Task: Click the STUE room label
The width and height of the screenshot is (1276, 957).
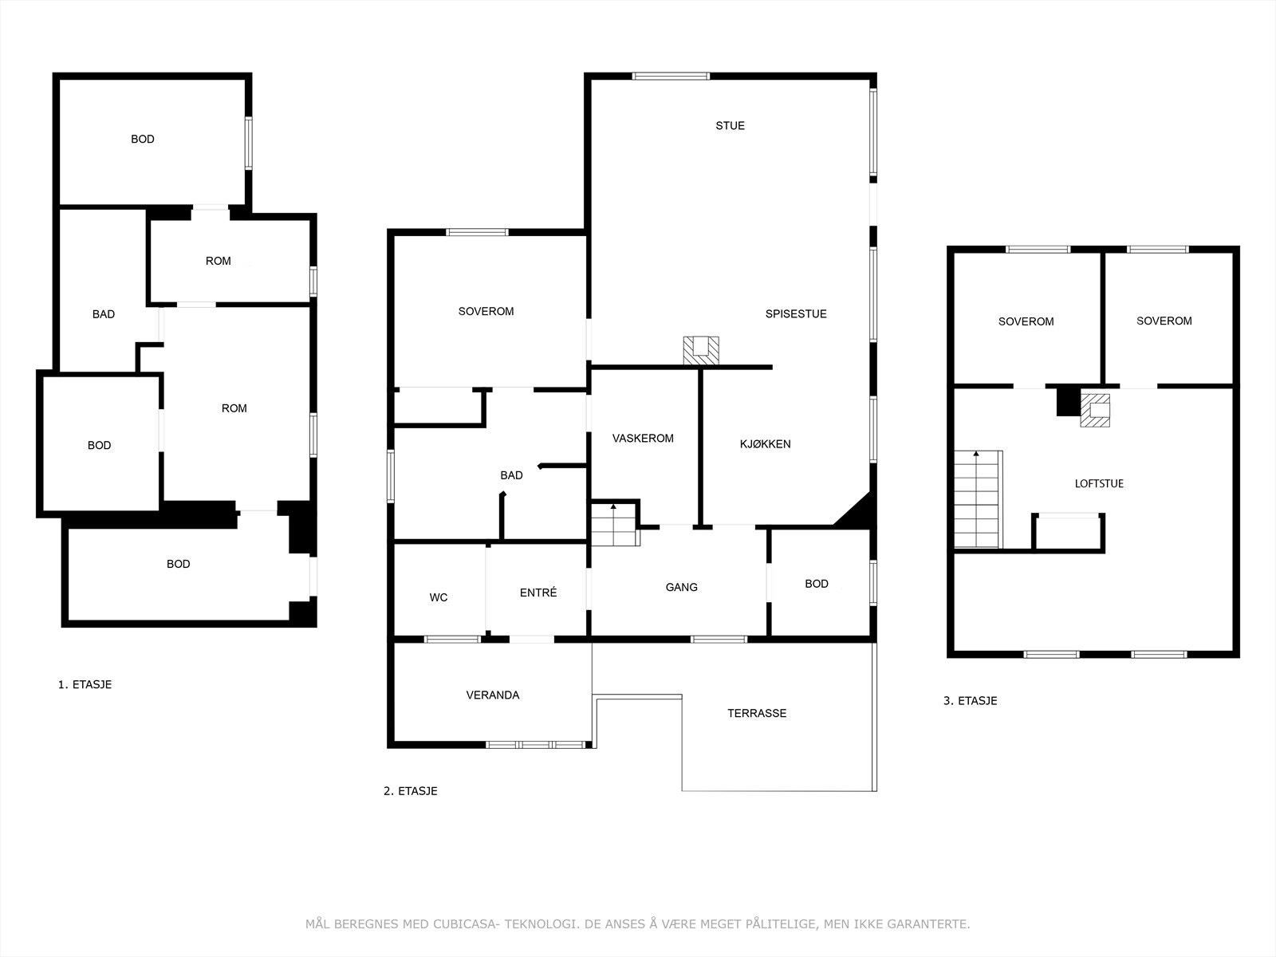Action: pyautogui.click(x=730, y=125)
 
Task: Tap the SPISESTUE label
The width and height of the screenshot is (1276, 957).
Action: pyautogui.click(x=796, y=313)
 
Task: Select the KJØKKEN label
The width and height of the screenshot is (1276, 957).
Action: pyautogui.click(x=765, y=444)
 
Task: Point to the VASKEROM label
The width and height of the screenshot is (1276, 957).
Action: pyautogui.click(x=643, y=438)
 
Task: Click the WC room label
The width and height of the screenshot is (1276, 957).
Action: pyautogui.click(x=439, y=597)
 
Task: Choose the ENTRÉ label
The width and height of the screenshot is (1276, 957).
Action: pyautogui.click(x=538, y=592)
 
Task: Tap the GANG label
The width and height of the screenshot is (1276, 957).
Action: pyautogui.click(x=681, y=588)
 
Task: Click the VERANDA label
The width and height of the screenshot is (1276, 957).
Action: pyautogui.click(x=492, y=695)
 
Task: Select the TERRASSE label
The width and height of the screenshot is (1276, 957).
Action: pyautogui.click(x=757, y=713)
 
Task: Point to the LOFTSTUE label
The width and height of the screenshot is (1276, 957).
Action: pyautogui.click(x=1099, y=483)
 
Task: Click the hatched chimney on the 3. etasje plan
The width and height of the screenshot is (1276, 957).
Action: pyautogui.click(x=1095, y=410)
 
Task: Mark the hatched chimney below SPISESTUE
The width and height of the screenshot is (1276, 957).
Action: pyautogui.click(x=701, y=350)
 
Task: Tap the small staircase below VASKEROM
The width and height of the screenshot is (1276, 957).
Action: pyautogui.click(x=616, y=525)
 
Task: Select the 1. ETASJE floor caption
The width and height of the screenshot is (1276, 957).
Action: pyautogui.click(x=85, y=684)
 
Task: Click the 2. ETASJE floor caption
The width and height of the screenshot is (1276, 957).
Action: pyautogui.click(x=411, y=791)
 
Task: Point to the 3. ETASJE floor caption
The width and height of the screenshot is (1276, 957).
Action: pyautogui.click(x=971, y=701)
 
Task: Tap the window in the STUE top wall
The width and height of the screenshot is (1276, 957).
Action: pyautogui.click(x=671, y=76)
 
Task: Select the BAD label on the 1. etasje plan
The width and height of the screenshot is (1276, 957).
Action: pyautogui.click(x=104, y=314)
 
